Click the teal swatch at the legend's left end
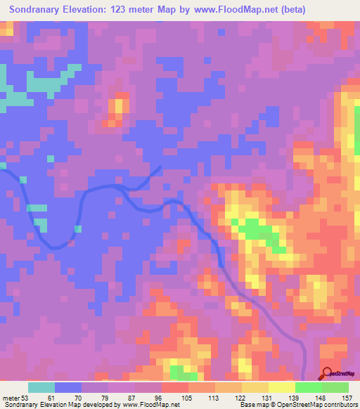pos(41,387)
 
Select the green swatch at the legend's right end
pos(335,387)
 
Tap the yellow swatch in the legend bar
pos(282,387)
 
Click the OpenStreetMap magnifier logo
pos(328,374)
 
